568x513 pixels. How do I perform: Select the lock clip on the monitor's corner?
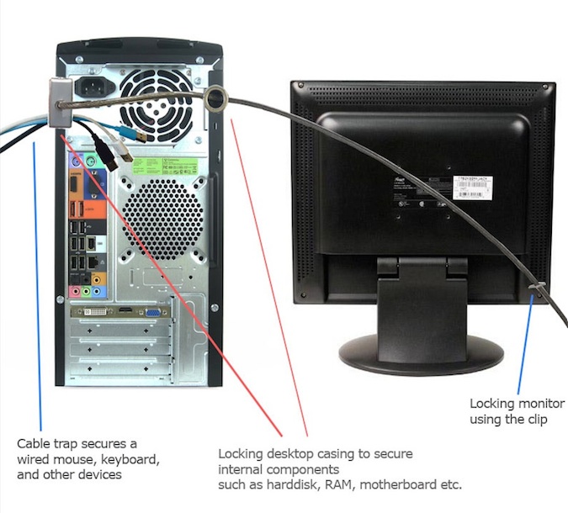coord(535,292)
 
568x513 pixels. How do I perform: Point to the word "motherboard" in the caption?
coord(374,485)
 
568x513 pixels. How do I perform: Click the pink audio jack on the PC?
coord(76,291)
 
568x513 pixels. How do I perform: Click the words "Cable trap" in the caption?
coord(47,442)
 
